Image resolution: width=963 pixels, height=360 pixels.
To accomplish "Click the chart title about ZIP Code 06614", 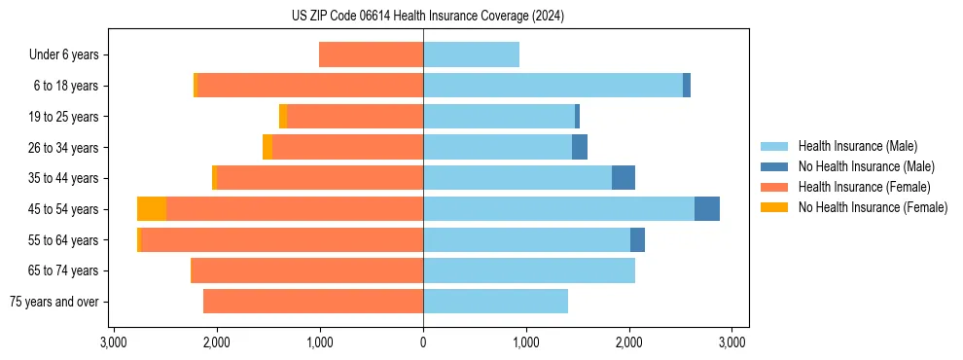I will [x=428, y=16].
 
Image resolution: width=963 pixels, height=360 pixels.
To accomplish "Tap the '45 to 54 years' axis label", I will [x=63, y=209].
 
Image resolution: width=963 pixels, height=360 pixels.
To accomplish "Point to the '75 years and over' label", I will [x=54, y=302].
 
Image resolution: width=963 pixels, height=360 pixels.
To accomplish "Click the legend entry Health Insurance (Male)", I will [x=857, y=146].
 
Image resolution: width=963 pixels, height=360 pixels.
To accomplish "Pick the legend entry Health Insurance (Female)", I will [x=864, y=187].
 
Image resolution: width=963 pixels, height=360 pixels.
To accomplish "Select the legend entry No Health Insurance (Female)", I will [x=873, y=207].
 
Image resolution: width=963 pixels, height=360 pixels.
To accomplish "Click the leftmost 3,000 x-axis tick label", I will [x=114, y=342].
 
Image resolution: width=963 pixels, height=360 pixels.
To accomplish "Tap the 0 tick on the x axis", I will [x=423, y=342].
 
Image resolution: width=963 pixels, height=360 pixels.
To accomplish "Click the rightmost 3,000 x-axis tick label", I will [x=731, y=342].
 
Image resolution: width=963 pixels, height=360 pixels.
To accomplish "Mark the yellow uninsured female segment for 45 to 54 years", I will [x=152, y=209].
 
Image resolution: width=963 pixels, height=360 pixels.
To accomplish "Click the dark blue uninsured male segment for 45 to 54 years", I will [x=707, y=209].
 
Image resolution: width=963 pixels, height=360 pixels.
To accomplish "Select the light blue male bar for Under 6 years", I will [x=471, y=54].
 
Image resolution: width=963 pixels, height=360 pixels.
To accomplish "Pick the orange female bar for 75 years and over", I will [x=313, y=302].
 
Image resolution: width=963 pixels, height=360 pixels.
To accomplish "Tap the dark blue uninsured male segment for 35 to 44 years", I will [x=624, y=178].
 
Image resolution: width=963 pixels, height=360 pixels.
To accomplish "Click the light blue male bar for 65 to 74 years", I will [x=529, y=270].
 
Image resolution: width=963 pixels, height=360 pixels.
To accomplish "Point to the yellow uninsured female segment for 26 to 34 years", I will [x=267, y=147].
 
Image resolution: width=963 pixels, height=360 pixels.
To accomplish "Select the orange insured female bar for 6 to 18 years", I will [x=310, y=86].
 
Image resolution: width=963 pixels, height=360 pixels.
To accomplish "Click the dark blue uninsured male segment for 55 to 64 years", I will [x=637, y=240].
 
